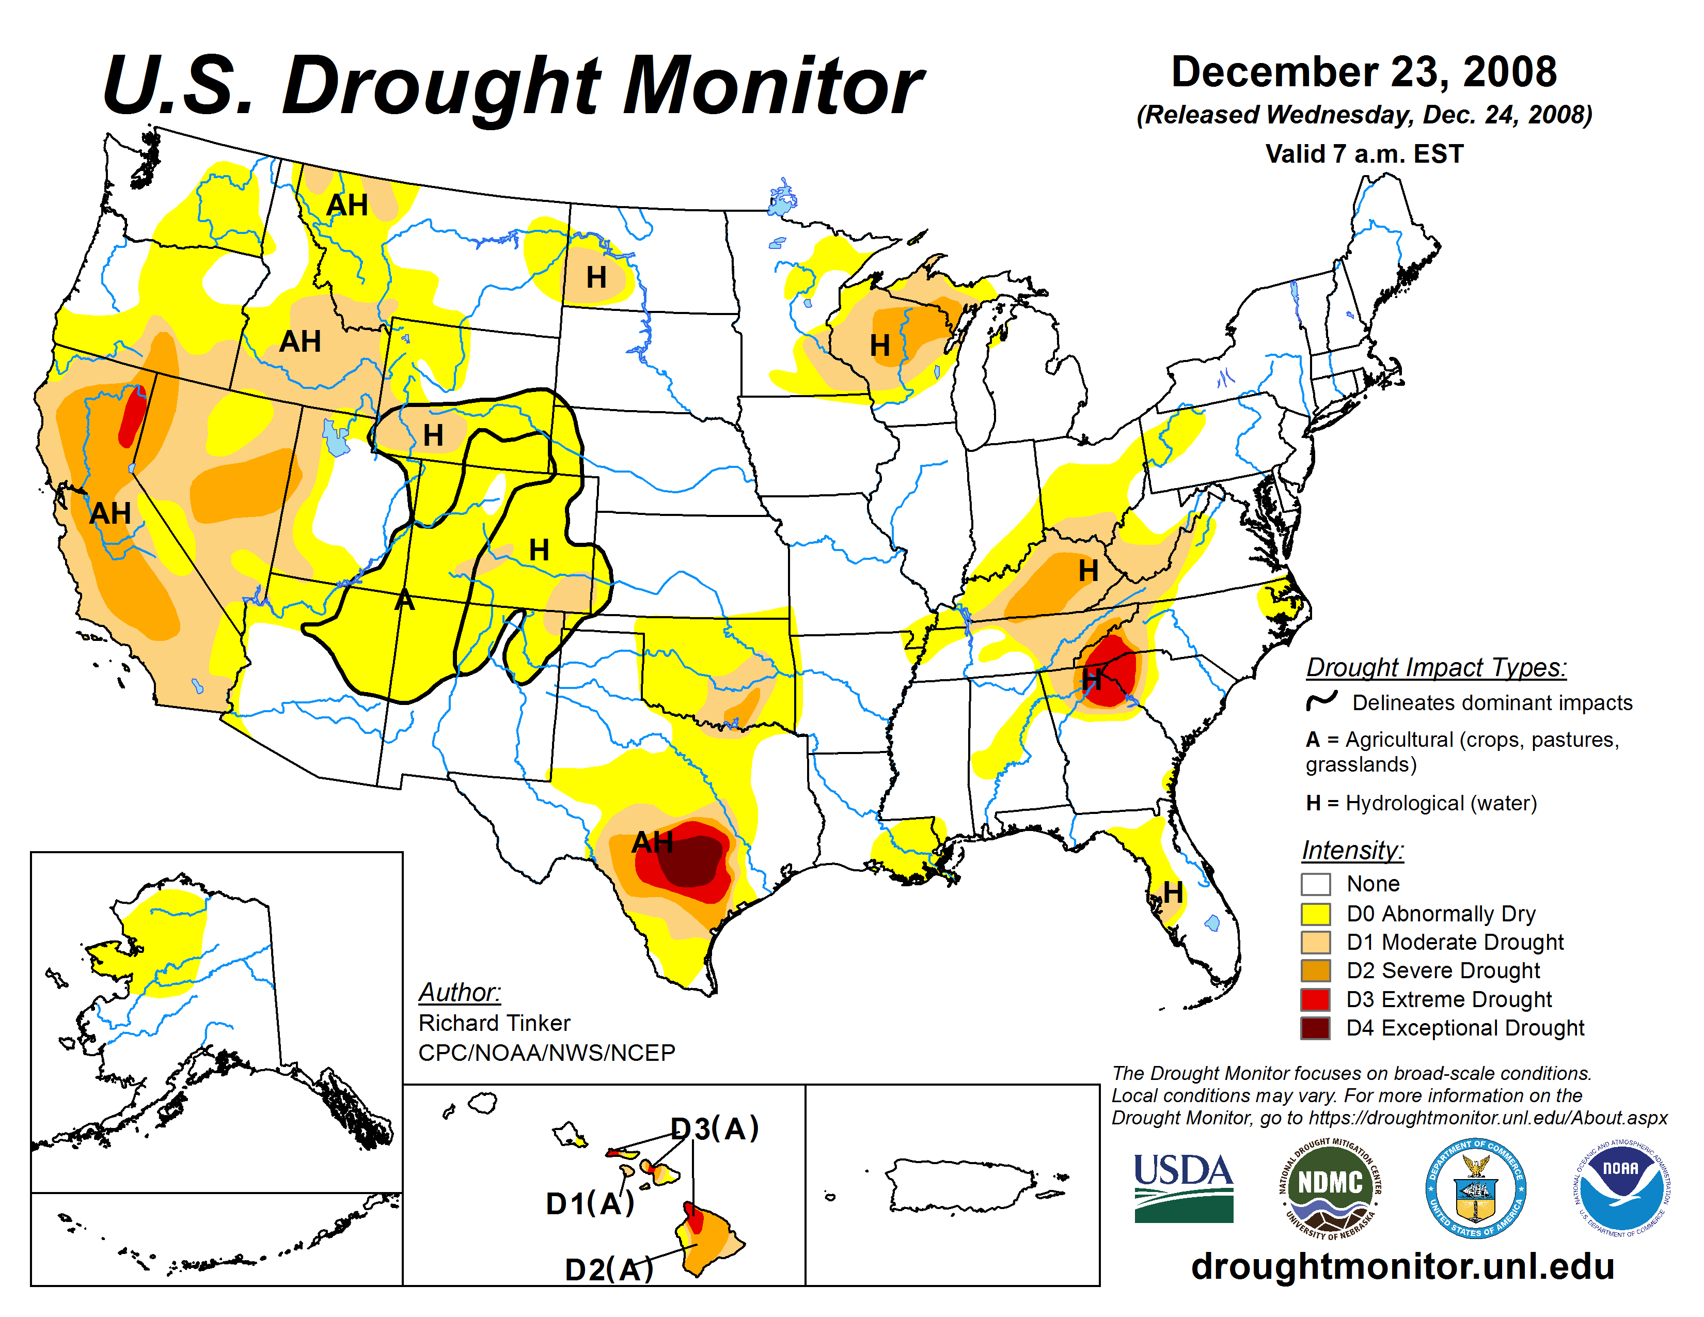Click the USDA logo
1183,1187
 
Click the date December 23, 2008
1364,72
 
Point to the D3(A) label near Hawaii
715,1128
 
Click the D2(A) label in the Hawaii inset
609,1269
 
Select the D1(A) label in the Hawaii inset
590,1204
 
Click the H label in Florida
1173,892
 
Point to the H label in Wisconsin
879,345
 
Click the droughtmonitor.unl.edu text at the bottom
1402,1265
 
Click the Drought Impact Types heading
1435,667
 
